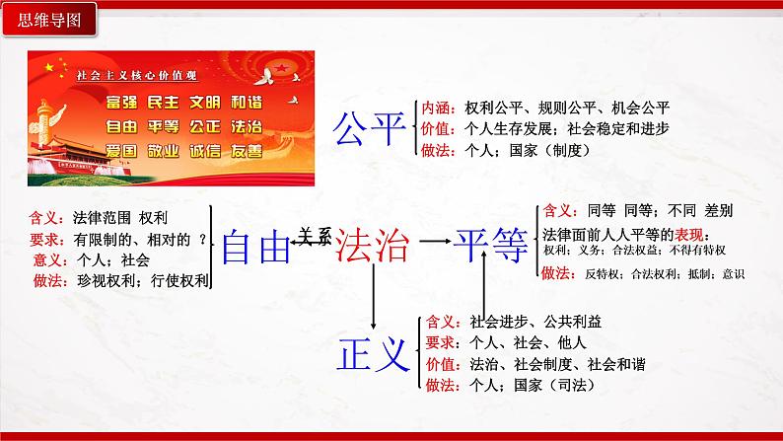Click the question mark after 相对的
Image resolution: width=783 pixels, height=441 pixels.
(x=202, y=238)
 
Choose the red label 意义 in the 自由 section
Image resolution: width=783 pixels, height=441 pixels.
(x=46, y=260)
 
